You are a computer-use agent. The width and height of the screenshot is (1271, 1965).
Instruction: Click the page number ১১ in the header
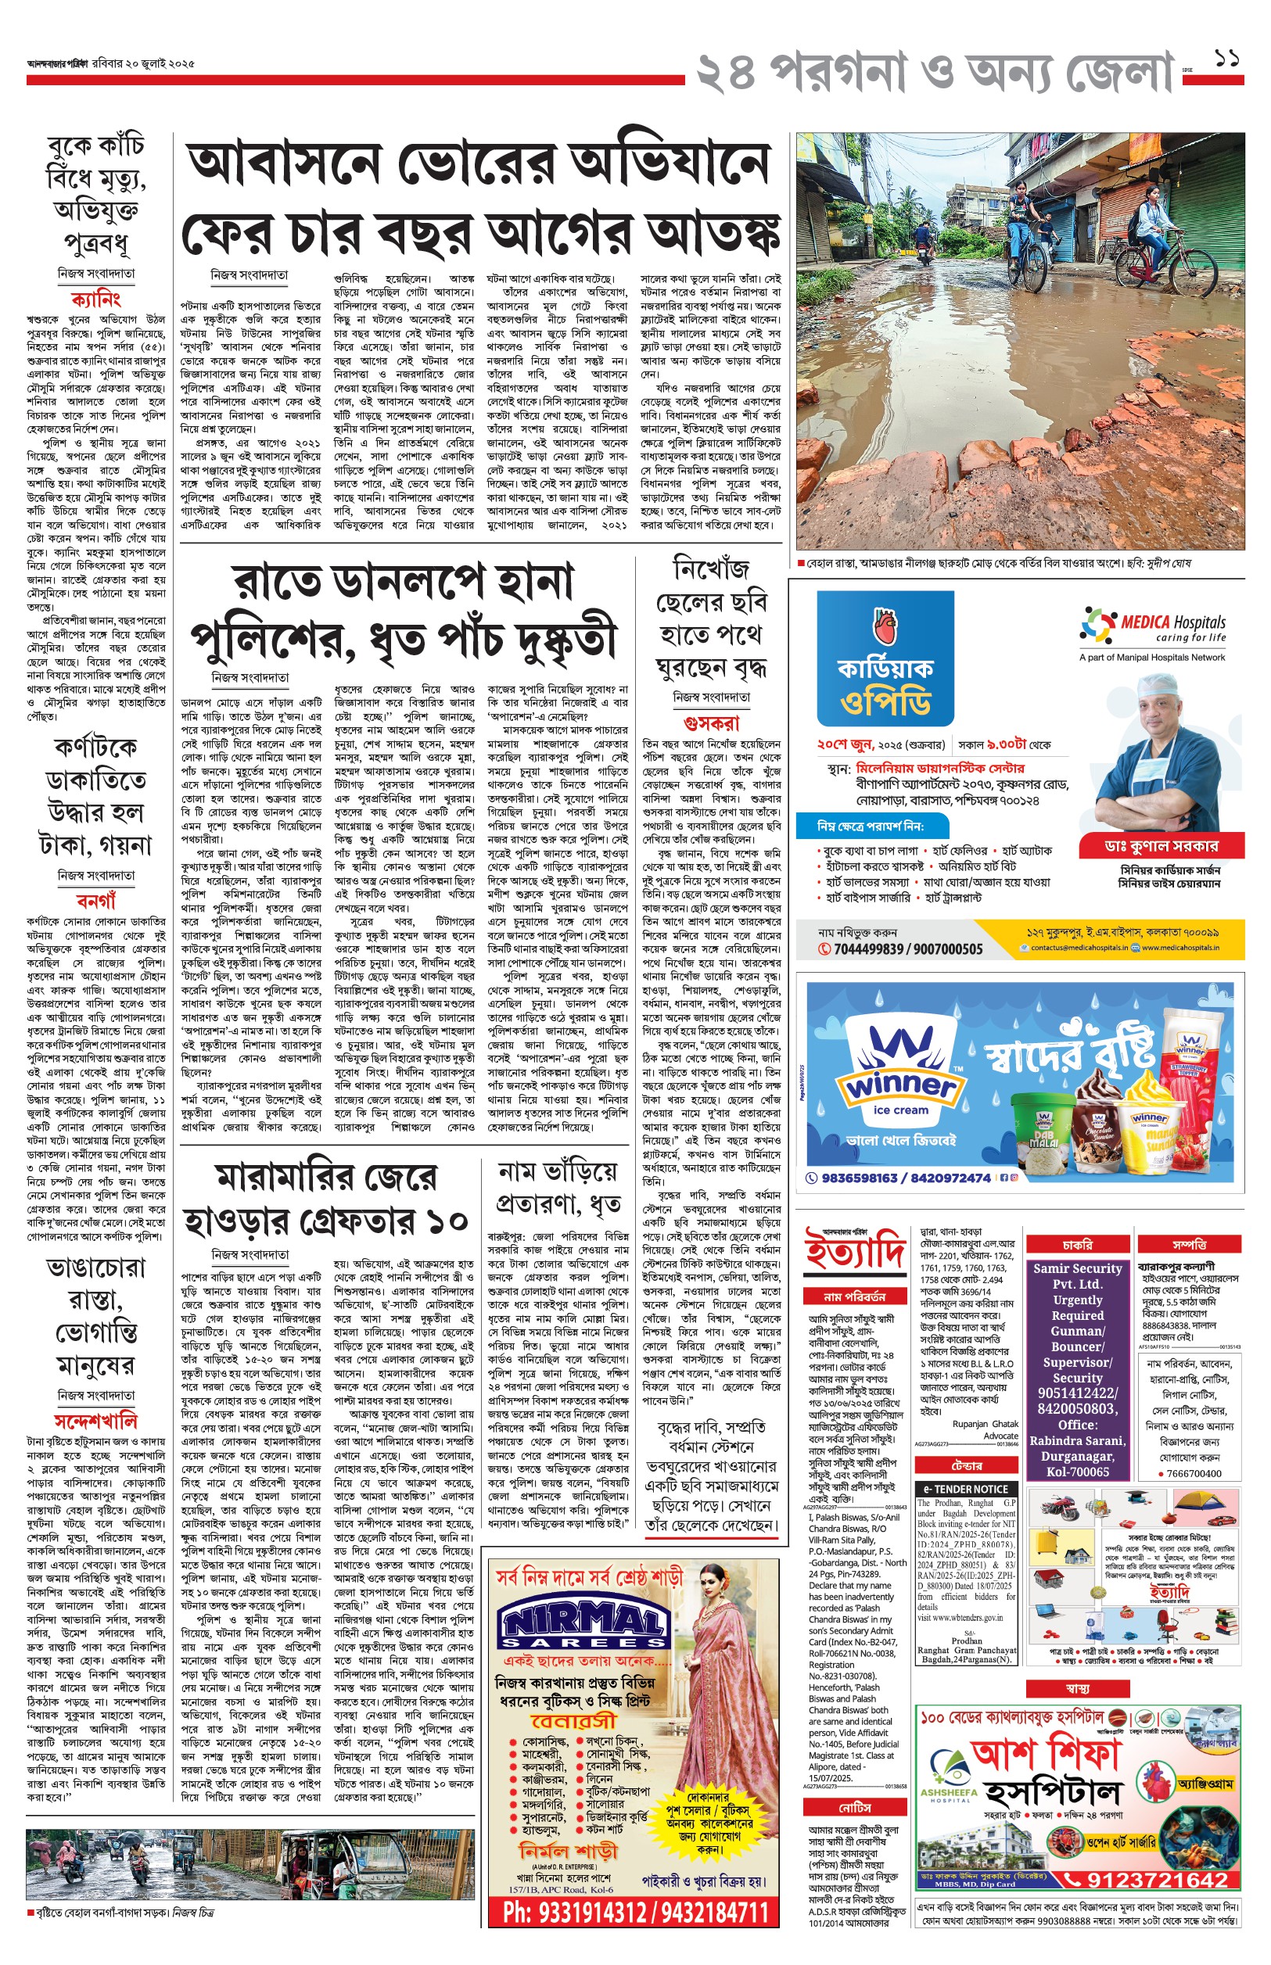1227,59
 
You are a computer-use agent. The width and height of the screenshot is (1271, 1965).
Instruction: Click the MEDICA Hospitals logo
1152,628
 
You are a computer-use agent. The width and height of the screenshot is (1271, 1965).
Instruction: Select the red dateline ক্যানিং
95,298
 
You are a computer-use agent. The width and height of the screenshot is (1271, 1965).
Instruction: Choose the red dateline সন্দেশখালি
95,1421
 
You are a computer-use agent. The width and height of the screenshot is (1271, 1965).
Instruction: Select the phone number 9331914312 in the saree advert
569,1911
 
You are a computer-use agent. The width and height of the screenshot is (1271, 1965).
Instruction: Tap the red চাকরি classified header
1078,1245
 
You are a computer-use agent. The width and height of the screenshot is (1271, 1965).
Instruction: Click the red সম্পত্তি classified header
1188,1245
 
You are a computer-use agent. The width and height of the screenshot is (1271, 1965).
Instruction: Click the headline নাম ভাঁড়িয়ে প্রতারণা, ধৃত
558,1187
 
